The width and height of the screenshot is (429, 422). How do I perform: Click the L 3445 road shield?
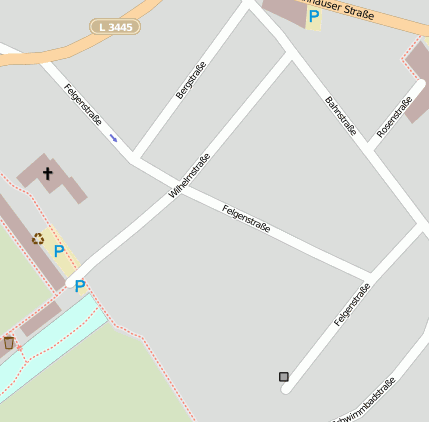[x=114, y=27]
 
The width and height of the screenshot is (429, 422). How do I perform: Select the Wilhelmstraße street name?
[x=190, y=176]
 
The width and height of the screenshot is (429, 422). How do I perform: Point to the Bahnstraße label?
[x=341, y=115]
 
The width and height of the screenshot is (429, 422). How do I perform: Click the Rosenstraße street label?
[x=394, y=117]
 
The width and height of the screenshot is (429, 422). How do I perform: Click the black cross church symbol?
[x=47, y=174]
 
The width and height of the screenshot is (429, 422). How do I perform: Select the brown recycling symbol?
[x=38, y=238]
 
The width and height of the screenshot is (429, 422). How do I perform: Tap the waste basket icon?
[x=9, y=343]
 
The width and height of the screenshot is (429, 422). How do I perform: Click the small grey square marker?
[x=284, y=377]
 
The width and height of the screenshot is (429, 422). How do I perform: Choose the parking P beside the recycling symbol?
[x=59, y=251]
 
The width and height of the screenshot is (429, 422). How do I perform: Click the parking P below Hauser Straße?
[x=314, y=16]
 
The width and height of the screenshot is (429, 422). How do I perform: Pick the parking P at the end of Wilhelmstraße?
[x=80, y=286]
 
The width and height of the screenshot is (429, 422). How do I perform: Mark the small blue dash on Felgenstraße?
[x=113, y=137]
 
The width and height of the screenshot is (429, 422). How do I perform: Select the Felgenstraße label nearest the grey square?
[x=352, y=304]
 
